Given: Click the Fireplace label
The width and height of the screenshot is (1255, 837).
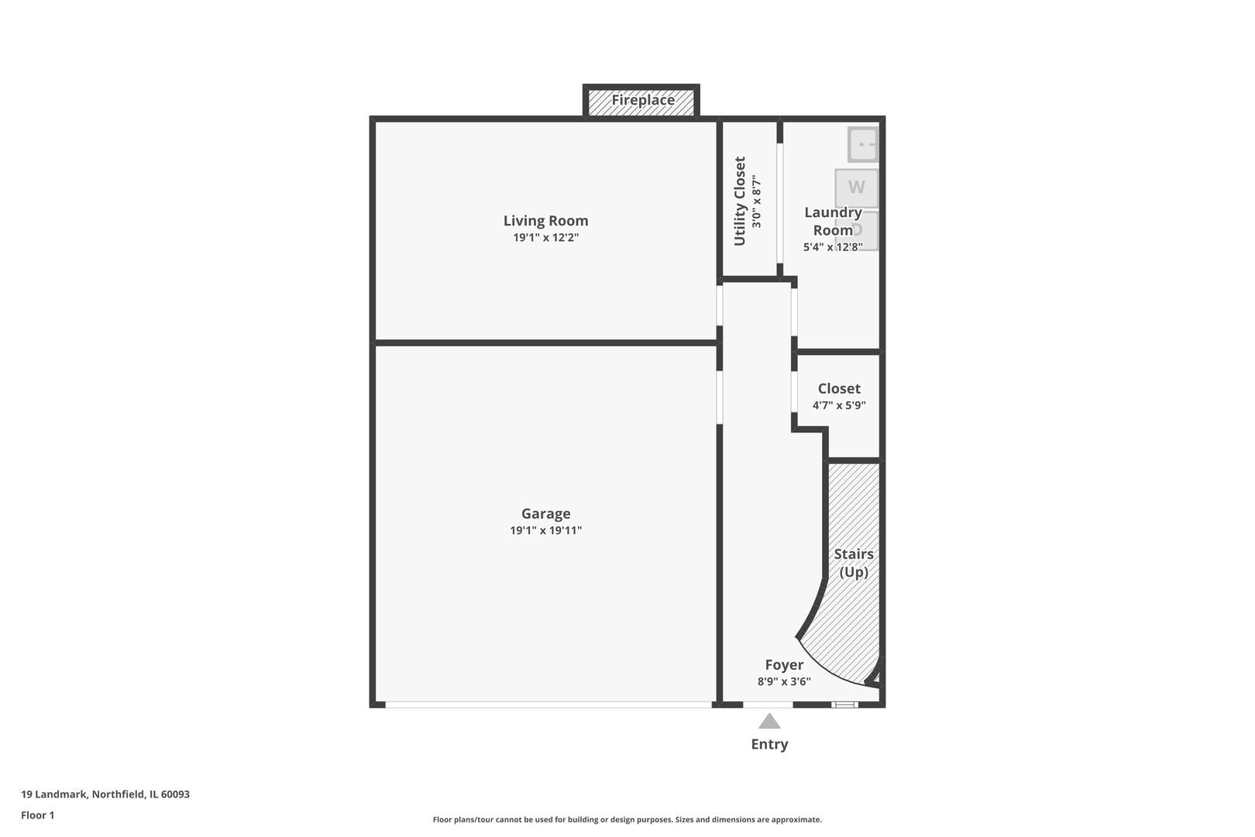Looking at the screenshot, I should (642, 100).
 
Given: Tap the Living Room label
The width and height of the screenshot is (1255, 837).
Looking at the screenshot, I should (545, 221).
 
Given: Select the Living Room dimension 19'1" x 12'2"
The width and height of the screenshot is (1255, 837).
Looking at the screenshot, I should (545, 238).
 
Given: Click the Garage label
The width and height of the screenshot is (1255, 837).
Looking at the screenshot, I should (545, 514).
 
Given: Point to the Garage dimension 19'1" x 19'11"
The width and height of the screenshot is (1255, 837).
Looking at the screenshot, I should (545, 531).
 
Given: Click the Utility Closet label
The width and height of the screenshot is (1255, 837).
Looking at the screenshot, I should (740, 201).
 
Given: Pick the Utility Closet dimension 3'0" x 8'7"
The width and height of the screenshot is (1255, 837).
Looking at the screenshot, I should (757, 201).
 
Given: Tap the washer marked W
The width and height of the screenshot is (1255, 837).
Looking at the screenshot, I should (856, 187).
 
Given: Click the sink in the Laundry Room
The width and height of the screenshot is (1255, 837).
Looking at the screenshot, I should (863, 144).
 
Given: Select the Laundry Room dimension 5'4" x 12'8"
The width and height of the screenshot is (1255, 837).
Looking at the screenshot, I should (833, 247).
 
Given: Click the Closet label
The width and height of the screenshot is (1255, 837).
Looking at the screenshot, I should (839, 388).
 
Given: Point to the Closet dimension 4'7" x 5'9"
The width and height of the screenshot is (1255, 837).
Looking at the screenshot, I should (839, 405).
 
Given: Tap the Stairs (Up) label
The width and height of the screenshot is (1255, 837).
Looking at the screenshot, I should (854, 563).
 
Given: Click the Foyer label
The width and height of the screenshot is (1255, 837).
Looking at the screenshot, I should (784, 665).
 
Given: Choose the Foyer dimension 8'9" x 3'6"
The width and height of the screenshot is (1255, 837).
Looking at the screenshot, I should (784, 682).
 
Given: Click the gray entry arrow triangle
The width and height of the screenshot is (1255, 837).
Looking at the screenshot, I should (769, 722).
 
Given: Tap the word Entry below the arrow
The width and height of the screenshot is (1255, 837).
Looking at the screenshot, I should (769, 744).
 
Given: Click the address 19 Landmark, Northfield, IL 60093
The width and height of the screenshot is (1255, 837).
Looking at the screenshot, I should (105, 794).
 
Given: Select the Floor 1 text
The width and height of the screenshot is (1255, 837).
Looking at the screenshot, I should (38, 815).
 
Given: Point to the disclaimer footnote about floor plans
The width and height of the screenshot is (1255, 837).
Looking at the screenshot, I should (627, 820).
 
